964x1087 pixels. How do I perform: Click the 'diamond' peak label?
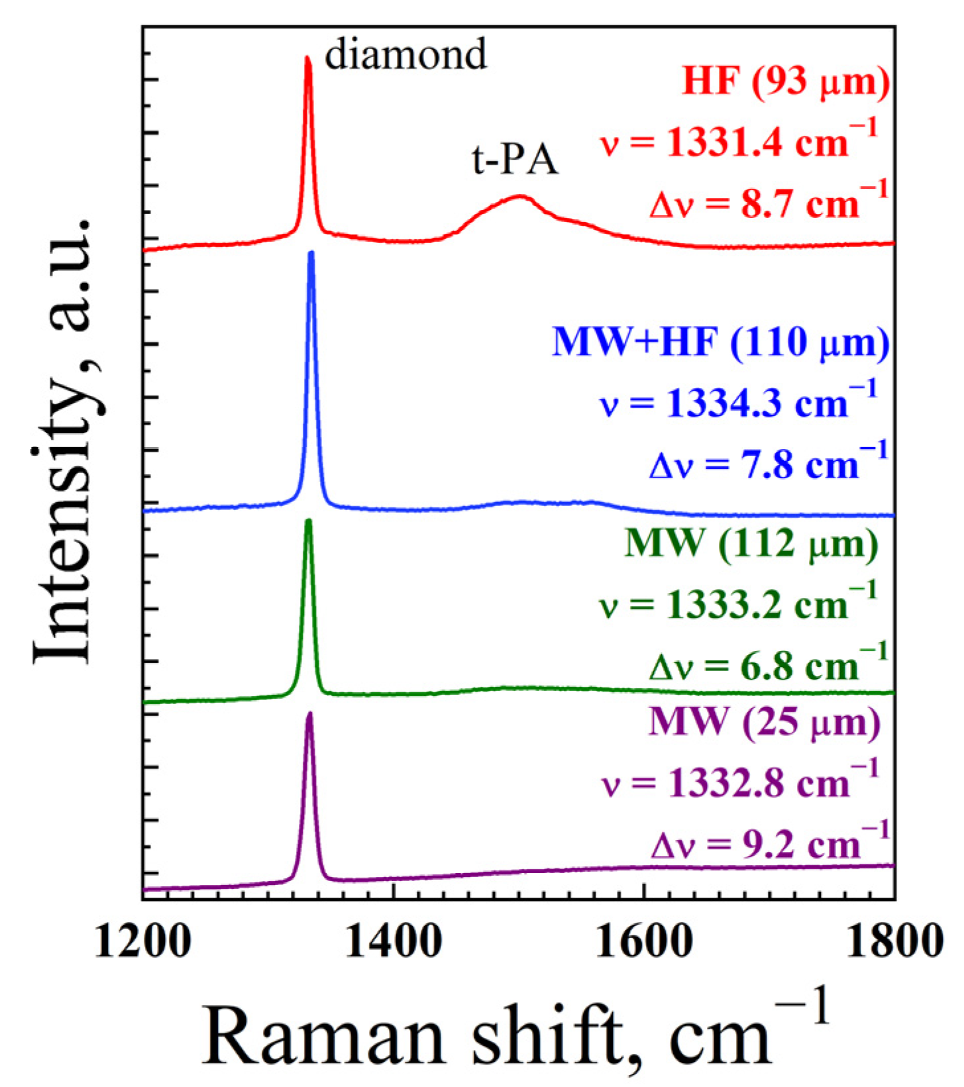click(405, 55)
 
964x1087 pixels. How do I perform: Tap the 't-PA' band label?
click(515, 160)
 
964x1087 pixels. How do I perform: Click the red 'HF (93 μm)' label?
click(786, 83)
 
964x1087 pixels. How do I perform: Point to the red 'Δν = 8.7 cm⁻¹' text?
click(769, 202)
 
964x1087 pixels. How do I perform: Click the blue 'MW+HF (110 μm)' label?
click(720, 342)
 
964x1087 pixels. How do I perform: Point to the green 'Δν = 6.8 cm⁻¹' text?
click(769, 664)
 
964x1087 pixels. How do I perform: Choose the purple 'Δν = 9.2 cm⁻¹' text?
click(770, 843)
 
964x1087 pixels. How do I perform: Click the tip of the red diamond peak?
click(307, 58)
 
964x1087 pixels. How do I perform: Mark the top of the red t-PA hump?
click(520, 196)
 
